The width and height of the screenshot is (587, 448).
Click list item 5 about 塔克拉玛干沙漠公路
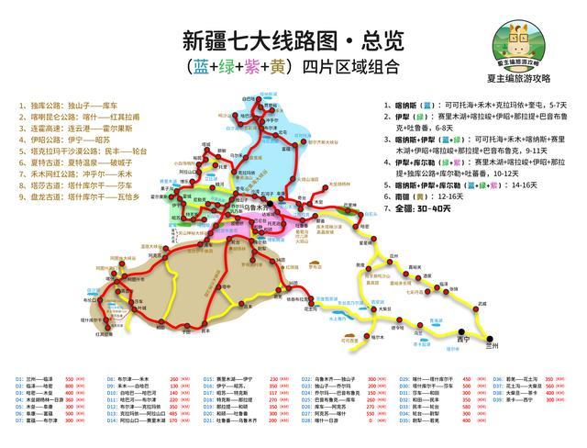(x=83, y=150)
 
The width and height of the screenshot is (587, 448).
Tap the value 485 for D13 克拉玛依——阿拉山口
(x=174, y=419)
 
